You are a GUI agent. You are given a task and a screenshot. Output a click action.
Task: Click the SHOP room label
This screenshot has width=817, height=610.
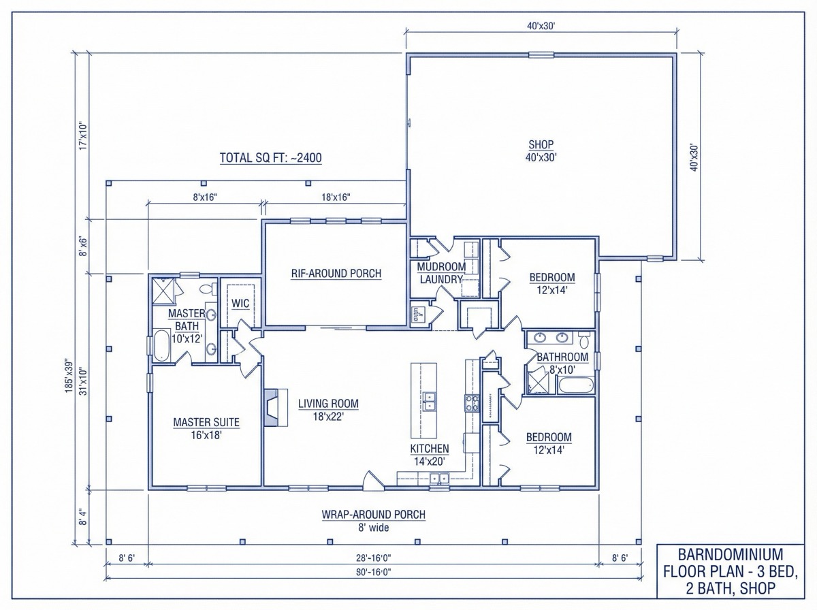(541, 150)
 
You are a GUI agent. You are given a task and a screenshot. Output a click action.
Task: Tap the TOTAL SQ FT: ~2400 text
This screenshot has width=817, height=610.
(270, 158)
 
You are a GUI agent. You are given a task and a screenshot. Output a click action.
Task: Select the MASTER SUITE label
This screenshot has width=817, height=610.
(206, 428)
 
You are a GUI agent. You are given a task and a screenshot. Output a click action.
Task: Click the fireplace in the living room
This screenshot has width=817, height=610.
(272, 407)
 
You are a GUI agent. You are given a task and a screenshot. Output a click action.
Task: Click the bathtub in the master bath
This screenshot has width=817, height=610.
(162, 346)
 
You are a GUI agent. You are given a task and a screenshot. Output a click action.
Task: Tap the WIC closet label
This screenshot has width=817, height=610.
(240, 304)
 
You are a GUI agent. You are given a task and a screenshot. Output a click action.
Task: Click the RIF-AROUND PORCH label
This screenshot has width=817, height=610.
(336, 274)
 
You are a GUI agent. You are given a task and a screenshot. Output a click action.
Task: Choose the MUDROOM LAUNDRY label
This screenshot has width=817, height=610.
(440, 273)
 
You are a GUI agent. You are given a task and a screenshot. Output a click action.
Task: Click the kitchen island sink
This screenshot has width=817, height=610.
(429, 402)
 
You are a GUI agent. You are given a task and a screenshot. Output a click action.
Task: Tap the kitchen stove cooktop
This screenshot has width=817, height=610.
(472, 403)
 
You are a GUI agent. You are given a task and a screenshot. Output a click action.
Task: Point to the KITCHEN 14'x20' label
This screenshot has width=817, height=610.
(429, 455)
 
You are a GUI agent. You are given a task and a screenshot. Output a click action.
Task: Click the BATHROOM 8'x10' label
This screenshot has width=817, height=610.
(562, 363)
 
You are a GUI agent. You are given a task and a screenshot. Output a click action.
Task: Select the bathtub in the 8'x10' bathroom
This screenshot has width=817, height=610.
(576, 387)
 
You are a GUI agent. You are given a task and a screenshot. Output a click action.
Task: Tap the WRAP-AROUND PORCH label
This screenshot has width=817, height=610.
(374, 520)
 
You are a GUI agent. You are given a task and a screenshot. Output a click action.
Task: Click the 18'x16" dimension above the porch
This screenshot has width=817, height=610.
(335, 197)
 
